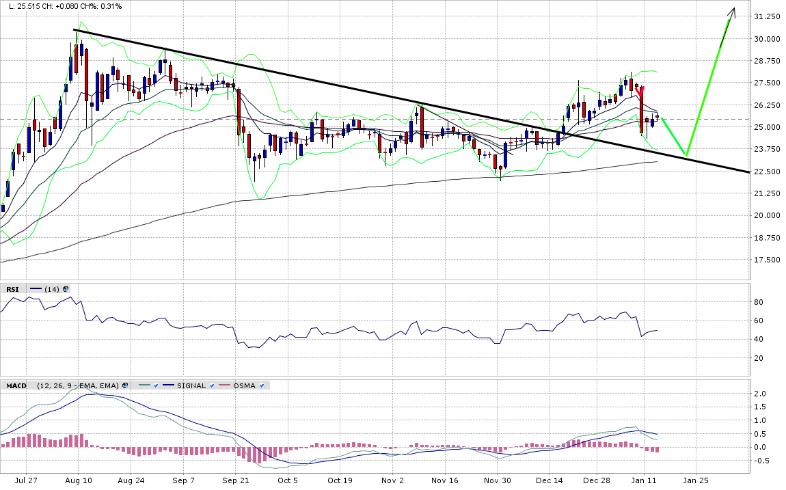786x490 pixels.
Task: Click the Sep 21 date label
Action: (x=235, y=480)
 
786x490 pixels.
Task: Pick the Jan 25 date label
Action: (x=696, y=480)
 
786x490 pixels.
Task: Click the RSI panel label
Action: (x=12, y=289)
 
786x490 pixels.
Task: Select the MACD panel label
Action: (x=16, y=385)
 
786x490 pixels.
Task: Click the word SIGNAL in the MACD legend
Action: (x=191, y=385)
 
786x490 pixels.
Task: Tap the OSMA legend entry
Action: (x=243, y=385)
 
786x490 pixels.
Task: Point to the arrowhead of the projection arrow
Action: (x=733, y=10)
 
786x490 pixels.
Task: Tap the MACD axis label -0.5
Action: (x=760, y=460)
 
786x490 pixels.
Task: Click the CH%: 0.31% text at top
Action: (x=102, y=6)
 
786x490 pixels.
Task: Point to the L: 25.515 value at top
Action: (x=21, y=6)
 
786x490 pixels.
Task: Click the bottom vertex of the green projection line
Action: (x=686, y=155)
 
